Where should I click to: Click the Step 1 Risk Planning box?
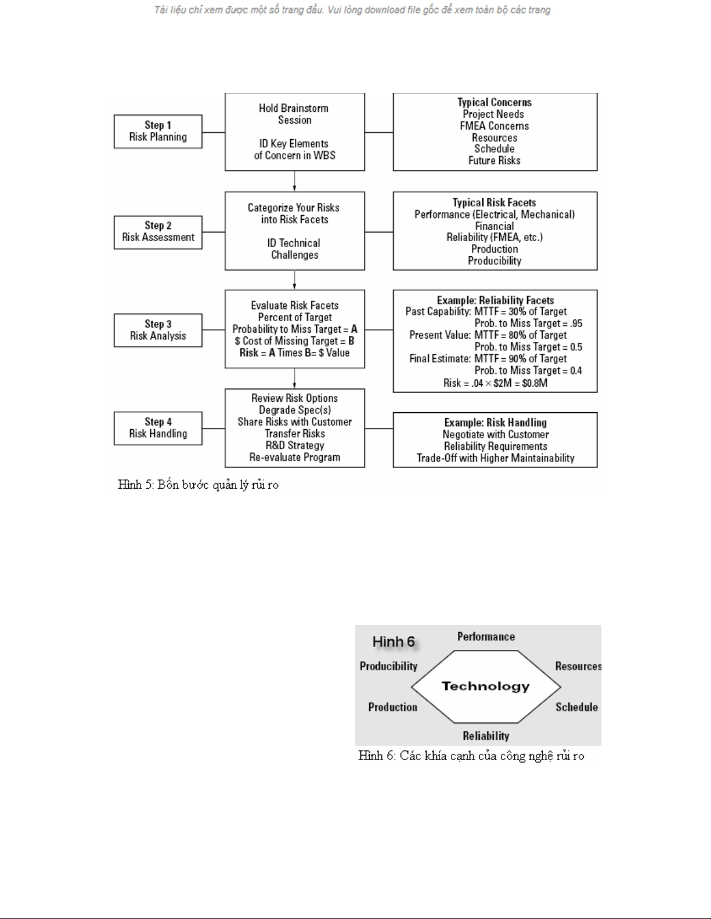158,132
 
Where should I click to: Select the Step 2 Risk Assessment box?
158,232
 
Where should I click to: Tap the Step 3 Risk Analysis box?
158,330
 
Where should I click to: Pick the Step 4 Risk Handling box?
158,428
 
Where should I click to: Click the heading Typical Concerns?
495,103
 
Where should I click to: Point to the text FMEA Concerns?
495,126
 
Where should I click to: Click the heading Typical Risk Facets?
495,202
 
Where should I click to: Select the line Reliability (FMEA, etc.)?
495,237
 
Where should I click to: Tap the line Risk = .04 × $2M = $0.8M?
495,383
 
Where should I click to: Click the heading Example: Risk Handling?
495,423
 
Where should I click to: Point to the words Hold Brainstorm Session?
294,114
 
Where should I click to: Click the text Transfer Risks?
295,434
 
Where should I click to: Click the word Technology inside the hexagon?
486,686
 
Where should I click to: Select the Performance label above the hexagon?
486,637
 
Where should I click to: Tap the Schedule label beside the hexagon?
576,707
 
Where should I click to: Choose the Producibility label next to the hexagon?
388,666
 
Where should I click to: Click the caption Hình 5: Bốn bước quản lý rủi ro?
198,485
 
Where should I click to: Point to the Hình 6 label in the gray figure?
394,642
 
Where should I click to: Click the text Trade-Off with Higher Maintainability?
495,458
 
